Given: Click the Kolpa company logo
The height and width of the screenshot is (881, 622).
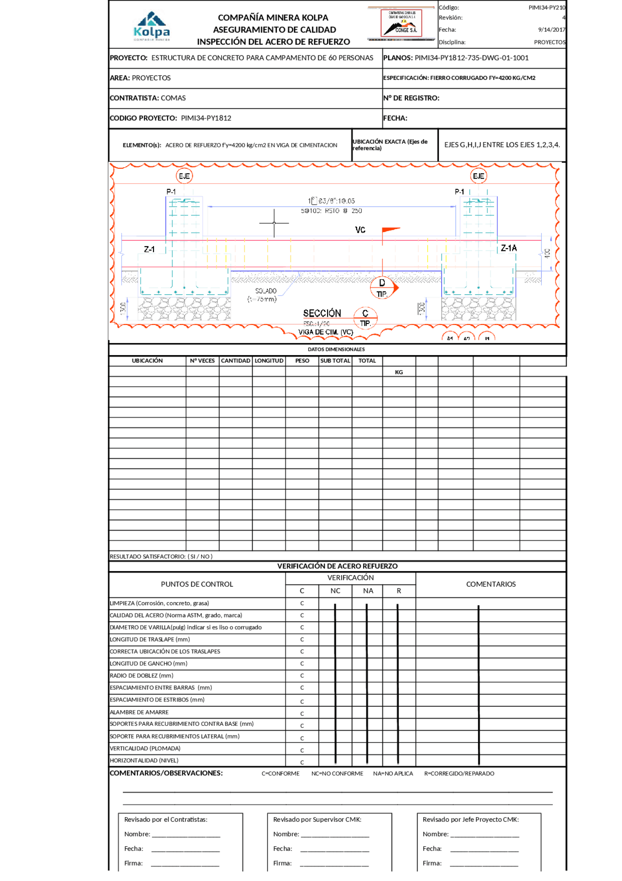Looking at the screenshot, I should point(152,26).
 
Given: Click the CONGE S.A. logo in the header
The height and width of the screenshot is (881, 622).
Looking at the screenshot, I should point(401,23).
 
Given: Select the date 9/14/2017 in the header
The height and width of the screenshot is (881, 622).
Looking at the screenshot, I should point(552,30).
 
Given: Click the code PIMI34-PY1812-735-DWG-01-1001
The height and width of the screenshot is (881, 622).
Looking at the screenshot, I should point(471,58).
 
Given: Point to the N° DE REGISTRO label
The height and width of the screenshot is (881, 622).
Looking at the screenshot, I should point(411,98).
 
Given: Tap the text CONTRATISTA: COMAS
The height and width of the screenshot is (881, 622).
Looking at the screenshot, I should point(148,98).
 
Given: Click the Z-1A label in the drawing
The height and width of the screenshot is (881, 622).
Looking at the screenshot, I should point(509,248).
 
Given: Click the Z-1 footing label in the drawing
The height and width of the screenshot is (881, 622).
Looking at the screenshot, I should point(149,249).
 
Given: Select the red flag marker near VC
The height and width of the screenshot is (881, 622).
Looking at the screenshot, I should point(390,230).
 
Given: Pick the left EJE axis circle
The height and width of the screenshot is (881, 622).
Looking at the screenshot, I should point(184,176).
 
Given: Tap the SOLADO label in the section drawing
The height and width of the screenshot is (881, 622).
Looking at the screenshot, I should point(266,291).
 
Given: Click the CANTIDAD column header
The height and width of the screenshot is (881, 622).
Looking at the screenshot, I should point(236,361).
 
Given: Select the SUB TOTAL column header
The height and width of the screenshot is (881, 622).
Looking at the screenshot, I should point(335,361).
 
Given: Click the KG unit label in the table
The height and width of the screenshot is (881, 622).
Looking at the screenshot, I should point(399,372).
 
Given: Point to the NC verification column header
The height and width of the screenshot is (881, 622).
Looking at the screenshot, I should point(335,591).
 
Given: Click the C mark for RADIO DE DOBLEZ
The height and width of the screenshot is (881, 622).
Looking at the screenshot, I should point(302,676).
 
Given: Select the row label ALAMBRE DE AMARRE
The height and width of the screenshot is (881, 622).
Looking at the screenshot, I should point(139,712).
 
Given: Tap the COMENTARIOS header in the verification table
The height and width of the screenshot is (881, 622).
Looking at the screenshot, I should point(491,584).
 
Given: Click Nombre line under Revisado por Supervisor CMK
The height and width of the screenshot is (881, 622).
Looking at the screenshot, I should point(335,834).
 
